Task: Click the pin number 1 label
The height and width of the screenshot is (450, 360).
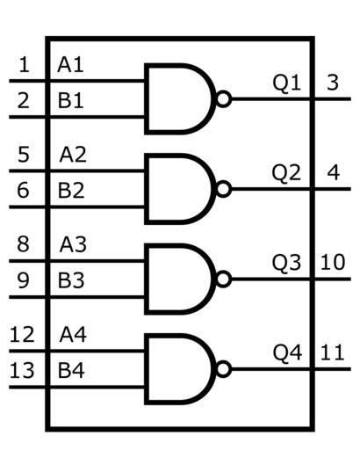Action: click(x=25, y=65)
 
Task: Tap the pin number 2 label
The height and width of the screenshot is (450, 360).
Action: click(x=24, y=100)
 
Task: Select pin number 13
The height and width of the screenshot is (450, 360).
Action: click(x=22, y=370)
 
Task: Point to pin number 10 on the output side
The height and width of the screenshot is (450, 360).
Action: click(x=333, y=262)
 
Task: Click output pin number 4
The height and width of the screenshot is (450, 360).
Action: click(x=334, y=173)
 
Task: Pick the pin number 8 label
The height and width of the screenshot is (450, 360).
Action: click(x=23, y=244)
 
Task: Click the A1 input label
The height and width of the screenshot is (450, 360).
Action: click(x=70, y=65)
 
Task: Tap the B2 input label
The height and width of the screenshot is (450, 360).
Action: click(x=71, y=191)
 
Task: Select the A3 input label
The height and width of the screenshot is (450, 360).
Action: click(x=73, y=244)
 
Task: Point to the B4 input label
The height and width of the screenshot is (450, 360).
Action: click(x=71, y=370)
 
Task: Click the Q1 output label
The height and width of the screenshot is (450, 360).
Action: click(x=287, y=83)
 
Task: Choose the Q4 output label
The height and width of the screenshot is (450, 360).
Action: click(x=287, y=353)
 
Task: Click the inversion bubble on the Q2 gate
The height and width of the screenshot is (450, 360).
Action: click(x=224, y=189)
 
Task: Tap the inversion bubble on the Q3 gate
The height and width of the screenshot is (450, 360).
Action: click(x=224, y=279)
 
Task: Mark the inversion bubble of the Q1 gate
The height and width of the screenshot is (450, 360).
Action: click(x=224, y=99)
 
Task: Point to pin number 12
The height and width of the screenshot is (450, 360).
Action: click(x=22, y=335)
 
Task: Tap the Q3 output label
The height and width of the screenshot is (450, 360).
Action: click(x=287, y=263)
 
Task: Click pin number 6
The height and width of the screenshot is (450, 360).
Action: click(x=23, y=191)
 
